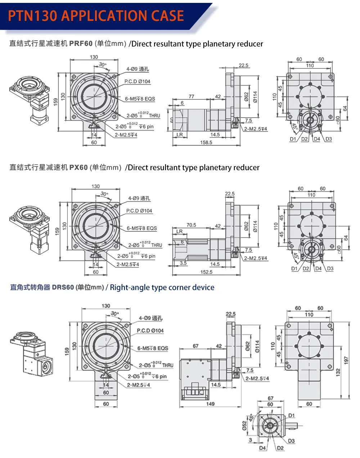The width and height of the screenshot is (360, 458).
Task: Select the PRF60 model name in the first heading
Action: coord(81,44)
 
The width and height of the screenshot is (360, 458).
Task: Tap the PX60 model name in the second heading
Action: coord(78,168)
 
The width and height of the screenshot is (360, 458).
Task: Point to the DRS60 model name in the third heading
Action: coord(63,287)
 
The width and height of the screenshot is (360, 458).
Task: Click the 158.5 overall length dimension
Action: coord(206,142)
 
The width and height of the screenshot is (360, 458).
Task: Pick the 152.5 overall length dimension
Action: coord(206,272)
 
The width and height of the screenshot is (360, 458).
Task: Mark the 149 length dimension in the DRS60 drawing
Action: coord(210,404)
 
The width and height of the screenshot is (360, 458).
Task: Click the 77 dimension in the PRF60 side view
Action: coord(191,96)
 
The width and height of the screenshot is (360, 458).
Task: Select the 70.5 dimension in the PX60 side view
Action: coord(191,225)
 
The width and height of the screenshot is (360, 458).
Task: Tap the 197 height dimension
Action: coord(346,360)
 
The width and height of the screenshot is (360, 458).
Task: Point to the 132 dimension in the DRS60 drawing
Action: coord(338,372)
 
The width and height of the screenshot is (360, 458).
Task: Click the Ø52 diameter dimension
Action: coord(245,426)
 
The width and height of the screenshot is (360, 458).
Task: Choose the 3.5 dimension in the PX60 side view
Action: coord(183,263)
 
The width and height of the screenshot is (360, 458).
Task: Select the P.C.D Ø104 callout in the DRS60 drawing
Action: coord(150,330)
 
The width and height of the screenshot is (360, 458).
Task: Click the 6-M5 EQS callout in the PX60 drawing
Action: coord(142,228)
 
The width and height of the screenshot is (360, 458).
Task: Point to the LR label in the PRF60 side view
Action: coord(180,135)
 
